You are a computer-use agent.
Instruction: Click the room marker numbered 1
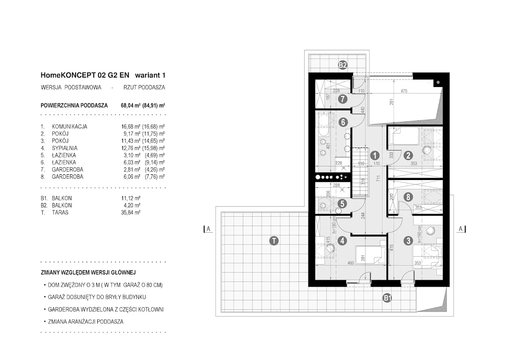pos(375,156)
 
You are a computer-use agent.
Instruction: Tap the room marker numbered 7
pos(342,99)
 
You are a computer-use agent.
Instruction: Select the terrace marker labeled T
pos(274,241)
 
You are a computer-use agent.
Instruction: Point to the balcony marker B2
pos(343,65)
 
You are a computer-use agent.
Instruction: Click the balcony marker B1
pos(387,298)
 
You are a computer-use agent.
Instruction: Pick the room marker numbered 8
pos(408,196)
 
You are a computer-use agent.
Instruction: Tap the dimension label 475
pos(404,91)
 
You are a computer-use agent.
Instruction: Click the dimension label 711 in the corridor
pos(378,178)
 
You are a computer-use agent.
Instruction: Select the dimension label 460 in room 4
pos(350,263)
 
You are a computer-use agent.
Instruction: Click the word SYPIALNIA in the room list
pos(65,148)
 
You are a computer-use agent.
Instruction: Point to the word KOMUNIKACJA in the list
pos(70,126)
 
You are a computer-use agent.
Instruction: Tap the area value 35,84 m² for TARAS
pos(131,212)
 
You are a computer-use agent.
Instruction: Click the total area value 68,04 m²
pos(131,105)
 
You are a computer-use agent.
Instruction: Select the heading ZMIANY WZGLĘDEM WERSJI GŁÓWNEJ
pos(88,273)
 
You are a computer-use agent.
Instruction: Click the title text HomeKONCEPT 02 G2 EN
pos(85,75)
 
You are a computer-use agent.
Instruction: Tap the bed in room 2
pos(405,136)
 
